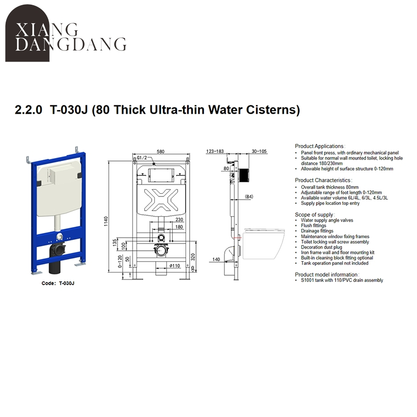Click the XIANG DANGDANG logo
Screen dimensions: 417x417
pos(66,38)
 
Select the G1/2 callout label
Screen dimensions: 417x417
pos(144,157)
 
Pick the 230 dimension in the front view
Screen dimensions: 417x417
pos(179,219)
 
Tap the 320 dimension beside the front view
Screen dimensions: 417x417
pos(194,256)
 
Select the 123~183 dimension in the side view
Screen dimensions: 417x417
pos(215,152)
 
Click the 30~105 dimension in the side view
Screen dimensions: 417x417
pos(259,152)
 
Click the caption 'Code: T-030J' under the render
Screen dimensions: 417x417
pos(58,284)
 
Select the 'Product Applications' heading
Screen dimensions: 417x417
pos(320,146)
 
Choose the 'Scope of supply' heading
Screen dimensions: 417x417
pos(314,215)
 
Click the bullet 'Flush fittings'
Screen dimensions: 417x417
pos(313,226)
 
